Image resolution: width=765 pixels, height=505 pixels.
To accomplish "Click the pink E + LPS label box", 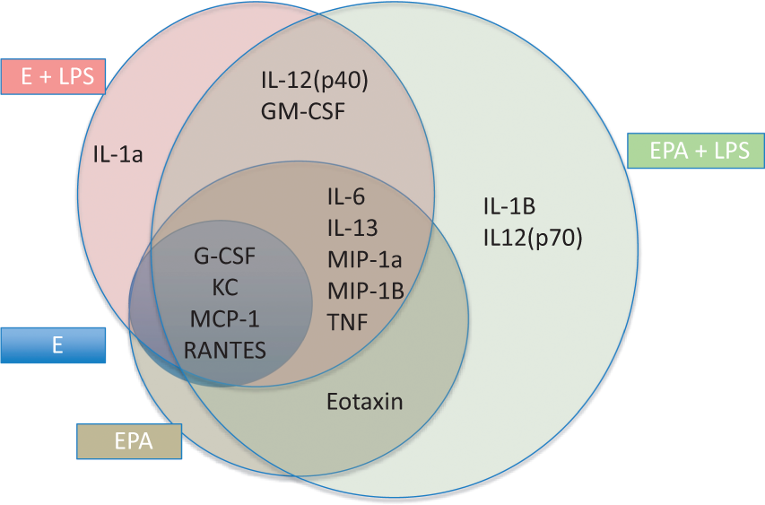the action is pos(53,76).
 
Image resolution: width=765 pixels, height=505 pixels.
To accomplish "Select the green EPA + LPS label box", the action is pos(696,151).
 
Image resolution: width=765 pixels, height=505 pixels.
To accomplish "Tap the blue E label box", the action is pos(53,345).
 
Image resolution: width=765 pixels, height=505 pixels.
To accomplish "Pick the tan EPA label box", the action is pos(129,441).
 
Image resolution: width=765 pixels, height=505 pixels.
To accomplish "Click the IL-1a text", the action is pos(118,154).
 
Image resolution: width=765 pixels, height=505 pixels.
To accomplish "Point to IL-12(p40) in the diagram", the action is pos(315,81).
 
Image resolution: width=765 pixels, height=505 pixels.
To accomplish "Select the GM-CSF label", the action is pos(303,111).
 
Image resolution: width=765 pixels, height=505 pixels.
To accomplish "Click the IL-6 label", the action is pos(346,196).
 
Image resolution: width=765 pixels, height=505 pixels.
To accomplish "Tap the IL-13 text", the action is pos(352,228).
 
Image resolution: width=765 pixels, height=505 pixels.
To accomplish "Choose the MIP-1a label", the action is pos(365,259).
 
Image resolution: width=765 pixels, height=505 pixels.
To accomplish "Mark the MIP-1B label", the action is pos(366,291).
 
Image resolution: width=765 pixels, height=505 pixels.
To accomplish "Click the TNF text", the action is pos(347,323).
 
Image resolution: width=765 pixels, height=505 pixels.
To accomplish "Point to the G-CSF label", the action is pos(225,257).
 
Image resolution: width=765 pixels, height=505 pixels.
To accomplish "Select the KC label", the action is pos(225,287).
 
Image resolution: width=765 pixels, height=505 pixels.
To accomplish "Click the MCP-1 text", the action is pos(225,319).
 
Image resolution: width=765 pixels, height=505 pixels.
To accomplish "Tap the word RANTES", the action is pos(225,351).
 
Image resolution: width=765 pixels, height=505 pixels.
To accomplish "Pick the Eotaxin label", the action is pos(365,402).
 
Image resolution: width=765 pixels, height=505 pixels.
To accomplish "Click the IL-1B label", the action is pos(509,206).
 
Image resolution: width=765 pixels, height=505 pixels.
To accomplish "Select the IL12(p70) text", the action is pos(534,239).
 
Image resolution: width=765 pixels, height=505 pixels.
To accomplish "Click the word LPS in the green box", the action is pos(732,151).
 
